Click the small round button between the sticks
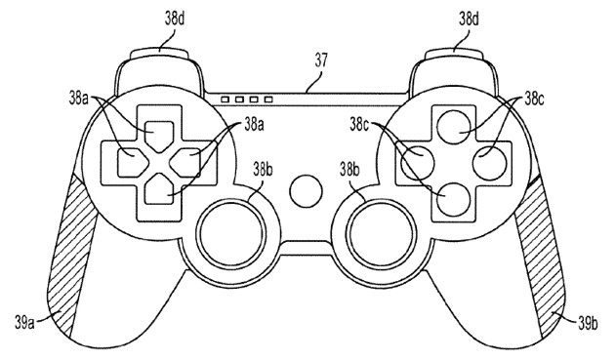307,188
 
